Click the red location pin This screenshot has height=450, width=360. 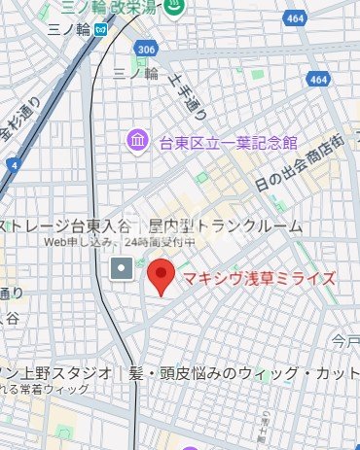click(162, 276)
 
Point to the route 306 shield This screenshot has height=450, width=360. click(146, 50)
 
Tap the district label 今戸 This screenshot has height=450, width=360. click(344, 341)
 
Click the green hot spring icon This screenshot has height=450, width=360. click(175, 8)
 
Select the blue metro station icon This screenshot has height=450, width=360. click(101, 28)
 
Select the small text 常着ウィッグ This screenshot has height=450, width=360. click(59, 390)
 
